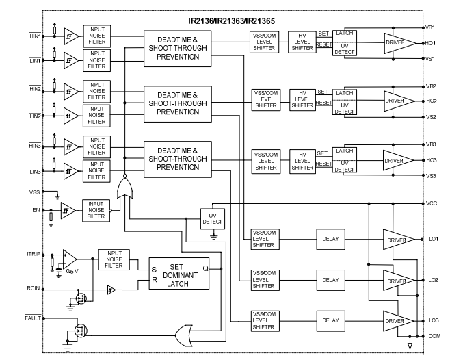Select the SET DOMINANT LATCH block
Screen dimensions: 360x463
pos(179,274)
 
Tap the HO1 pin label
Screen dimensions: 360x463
pos(432,43)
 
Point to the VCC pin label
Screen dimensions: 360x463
pos(432,203)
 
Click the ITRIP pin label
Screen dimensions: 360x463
pos(34,254)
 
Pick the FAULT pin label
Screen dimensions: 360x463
pos(34,318)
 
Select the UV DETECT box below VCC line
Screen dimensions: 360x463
pos(212,218)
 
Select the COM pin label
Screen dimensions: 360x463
pos(433,336)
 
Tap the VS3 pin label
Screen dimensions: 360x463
pos(432,176)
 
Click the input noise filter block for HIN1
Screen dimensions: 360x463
pos(97,35)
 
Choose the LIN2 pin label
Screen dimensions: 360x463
pos(36,115)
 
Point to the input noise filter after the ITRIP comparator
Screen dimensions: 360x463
pos(114,259)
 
